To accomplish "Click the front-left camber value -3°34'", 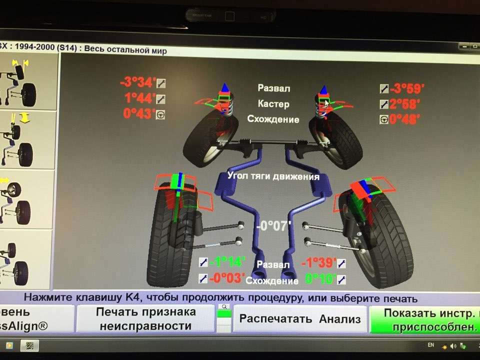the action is tap(138, 82).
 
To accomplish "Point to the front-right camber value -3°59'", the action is tap(407, 89).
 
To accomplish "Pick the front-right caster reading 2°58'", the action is tap(405, 104).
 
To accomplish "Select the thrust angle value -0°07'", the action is tap(273, 226).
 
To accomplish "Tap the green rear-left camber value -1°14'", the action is tap(226, 262).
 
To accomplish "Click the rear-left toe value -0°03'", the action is tap(226, 278).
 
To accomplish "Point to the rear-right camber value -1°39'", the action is tap(318, 263).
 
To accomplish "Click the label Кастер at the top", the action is tap(273, 104).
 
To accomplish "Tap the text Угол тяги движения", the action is tap(273, 176).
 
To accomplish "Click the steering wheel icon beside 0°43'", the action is tap(160, 114).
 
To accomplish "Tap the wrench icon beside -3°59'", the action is tap(384, 89).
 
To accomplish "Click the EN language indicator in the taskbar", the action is tap(431, 345).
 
